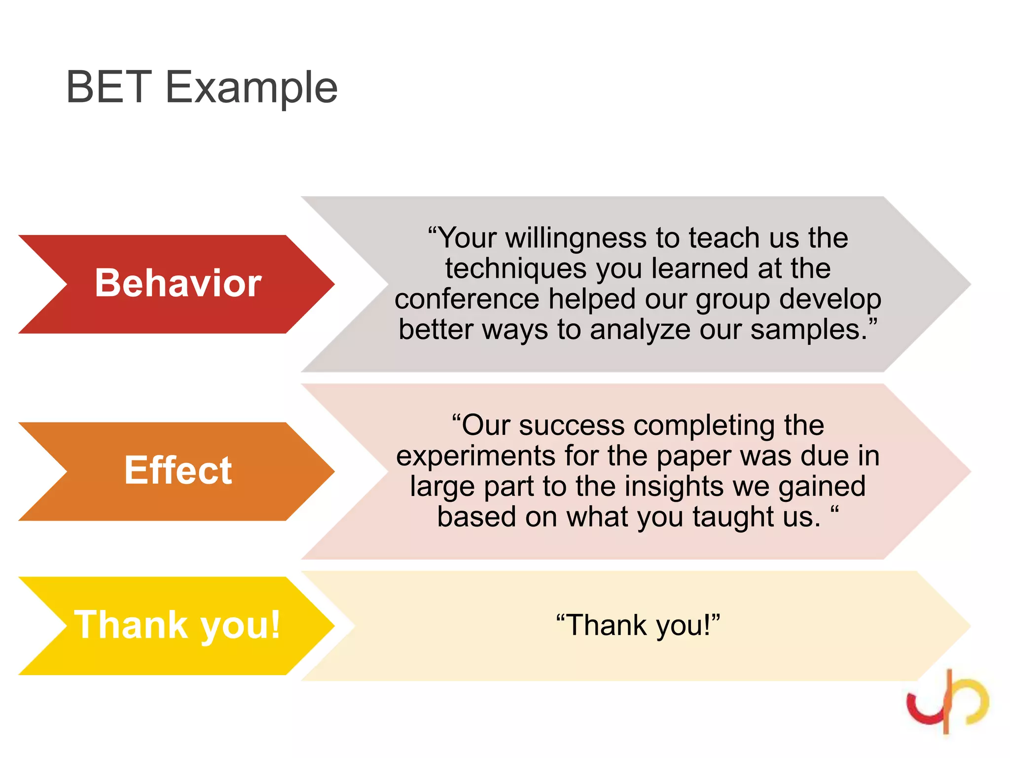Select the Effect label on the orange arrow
coord(178,470)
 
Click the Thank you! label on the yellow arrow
coord(177,625)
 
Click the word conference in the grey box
coord(467,299)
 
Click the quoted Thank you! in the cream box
coord(638,625)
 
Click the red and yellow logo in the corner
coord(947,701)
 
